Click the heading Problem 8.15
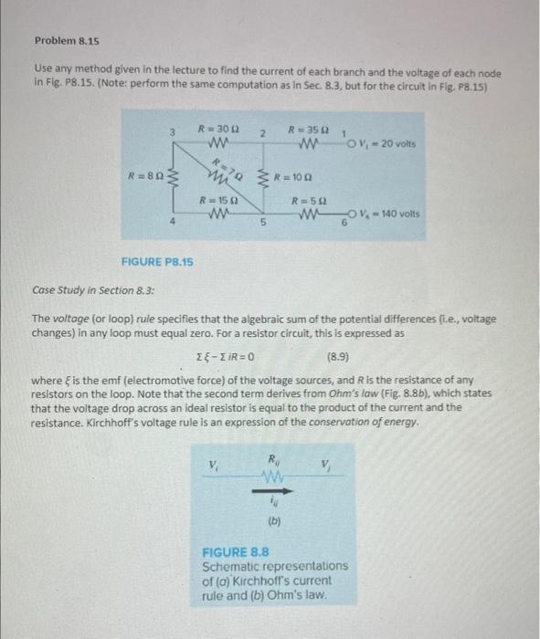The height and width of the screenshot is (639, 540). (x=67, y=41)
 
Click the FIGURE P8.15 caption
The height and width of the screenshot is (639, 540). (x=157, y=262)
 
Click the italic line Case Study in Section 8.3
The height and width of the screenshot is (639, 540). (x=93, y=290)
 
